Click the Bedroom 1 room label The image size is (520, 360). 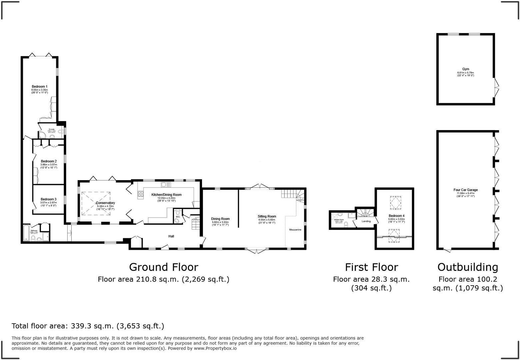tap(39, 86)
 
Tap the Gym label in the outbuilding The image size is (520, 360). tap(465, 69)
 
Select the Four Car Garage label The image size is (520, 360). tap(465, 190)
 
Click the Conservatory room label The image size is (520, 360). tap(105, 203)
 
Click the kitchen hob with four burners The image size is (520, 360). tap(140, 194)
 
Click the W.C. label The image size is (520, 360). tap(178, 217)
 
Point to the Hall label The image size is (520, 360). tap(171, 236)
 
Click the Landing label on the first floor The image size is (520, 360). tap(366, 221)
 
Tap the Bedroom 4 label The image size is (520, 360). tap(396, 216)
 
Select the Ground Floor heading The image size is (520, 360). tap(163, 267)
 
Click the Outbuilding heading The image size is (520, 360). tap(468, 267)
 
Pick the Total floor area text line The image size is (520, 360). tap(88, 326)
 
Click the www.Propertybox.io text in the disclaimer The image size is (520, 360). tap(215, 348)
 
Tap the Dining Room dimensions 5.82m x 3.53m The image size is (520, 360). tap(220, 222)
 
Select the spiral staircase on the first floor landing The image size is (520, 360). tap(365, 213)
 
